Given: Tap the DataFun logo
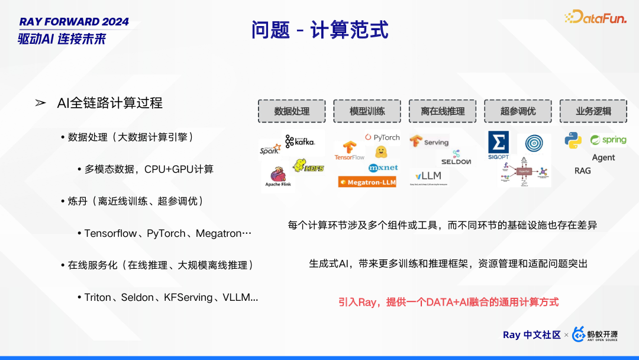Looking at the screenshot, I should [595, 18].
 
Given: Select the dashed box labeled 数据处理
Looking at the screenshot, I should [292, 111].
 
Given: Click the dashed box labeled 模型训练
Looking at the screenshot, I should [367, 111].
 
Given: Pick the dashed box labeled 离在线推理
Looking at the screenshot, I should [443, 111].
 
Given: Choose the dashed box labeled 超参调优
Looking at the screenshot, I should [518, 111].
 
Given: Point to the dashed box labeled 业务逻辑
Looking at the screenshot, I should [593, 111].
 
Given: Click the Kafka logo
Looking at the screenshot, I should [300, 142].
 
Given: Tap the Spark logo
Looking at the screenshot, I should [270, 150].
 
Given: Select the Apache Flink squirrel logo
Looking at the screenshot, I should [277, 176].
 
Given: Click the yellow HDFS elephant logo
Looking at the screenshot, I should [308, 166].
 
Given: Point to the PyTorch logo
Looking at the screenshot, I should [382, 137].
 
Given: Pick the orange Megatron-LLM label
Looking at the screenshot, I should [367, 182].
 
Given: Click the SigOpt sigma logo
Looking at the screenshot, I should [498, 145].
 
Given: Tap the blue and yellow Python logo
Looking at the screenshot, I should [573, 140].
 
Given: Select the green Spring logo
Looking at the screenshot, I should [608, 140].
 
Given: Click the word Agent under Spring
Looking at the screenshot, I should [603, 157].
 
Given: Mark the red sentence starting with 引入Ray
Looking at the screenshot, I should [448, 302].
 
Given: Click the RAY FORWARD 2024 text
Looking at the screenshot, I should [74, 22].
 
